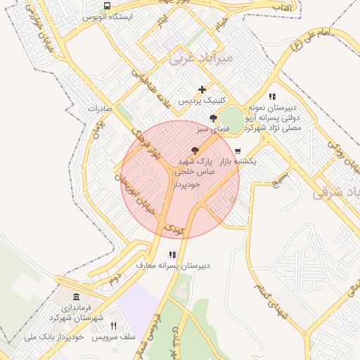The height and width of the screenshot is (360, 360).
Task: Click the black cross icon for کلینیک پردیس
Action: coord(202,89)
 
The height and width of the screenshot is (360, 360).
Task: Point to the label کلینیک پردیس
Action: coord(202,101)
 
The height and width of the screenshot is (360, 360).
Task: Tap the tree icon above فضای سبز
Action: coord(213,118)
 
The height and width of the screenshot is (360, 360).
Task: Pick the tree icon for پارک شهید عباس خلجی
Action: coord(195,150)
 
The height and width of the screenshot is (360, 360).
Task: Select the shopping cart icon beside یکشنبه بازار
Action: coord(238,150)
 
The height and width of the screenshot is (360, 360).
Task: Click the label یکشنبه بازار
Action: coord(238,162)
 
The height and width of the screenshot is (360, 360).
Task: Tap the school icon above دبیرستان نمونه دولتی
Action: coord(272,96)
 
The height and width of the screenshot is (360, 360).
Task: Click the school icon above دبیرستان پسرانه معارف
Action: coord(172,255)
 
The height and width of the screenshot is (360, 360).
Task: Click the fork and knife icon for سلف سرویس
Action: coord(113,326)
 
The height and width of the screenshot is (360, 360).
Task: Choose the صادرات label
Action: coord(101,109)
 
